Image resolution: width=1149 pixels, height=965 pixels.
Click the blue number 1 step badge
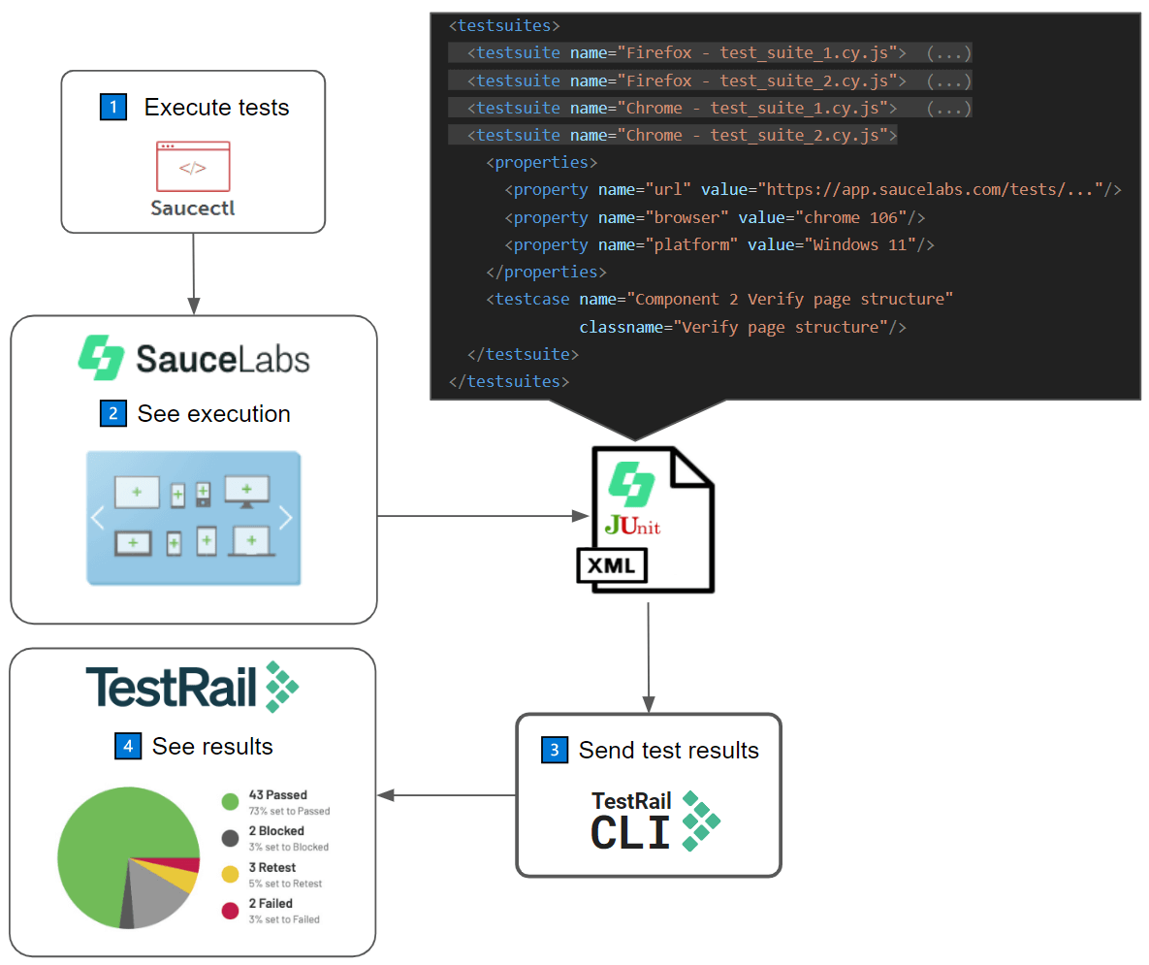click(x=113, y=107)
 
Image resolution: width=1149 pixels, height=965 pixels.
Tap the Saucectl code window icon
click(x=193, y=166)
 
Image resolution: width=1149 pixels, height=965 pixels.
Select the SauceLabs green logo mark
click(x=101, y=358)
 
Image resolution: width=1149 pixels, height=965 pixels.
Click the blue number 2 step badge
click(x=113, y=414)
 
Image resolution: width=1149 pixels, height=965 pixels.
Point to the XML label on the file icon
click(x=612, y=565)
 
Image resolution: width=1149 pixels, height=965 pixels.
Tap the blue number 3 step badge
click(x=554, y=750)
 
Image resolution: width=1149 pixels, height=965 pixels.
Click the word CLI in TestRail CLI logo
click(x=630, y=833)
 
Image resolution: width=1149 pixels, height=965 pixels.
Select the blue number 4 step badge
click(x=127, y=746)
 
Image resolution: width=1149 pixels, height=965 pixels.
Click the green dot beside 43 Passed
click(x=230, y=801)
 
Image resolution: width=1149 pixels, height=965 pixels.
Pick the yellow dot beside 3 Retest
click(x=230, y=874)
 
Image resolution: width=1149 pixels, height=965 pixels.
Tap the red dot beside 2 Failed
click(x=230, y=910)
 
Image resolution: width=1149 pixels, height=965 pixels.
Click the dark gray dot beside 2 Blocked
click(x=230, y=838)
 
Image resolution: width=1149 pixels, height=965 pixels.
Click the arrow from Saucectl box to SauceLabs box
click(x=194, y=273)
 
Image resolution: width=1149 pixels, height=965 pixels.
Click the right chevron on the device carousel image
click(x=285, y=518)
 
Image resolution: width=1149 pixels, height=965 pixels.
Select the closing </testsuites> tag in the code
click(x=508, y=381)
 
